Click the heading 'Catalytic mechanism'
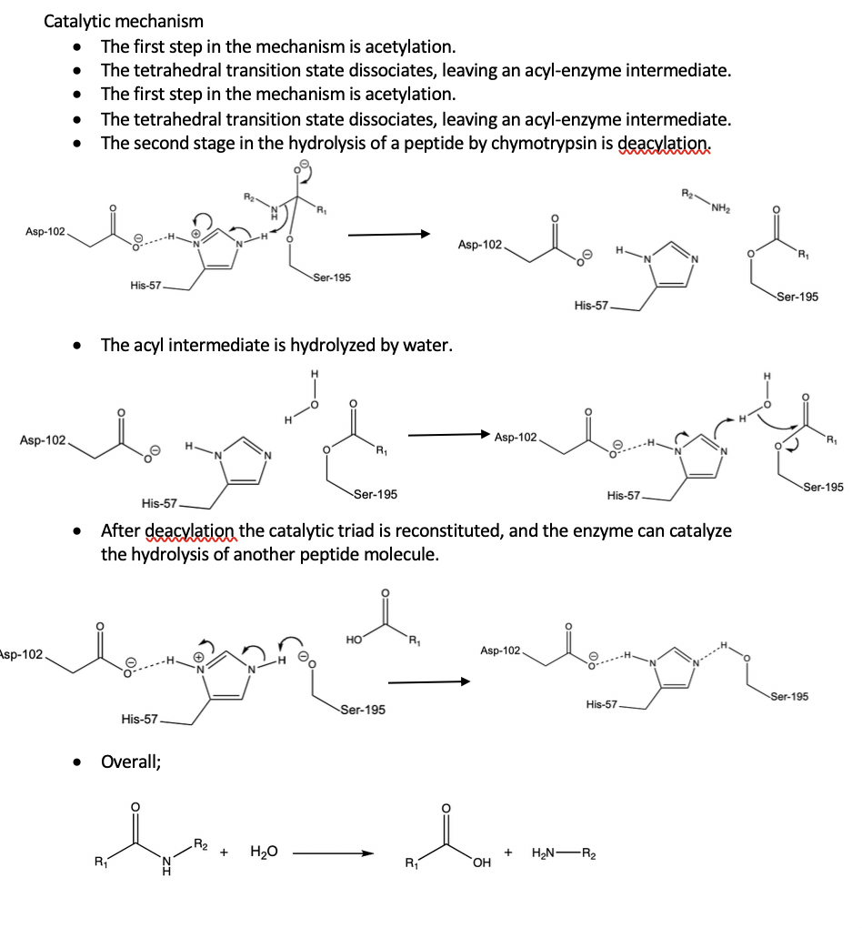(124, 20)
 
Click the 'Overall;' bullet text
(132, 761)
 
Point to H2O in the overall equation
(264, 852)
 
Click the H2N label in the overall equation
(548, 852)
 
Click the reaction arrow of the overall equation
(333, 853)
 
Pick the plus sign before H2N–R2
(510, 852)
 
